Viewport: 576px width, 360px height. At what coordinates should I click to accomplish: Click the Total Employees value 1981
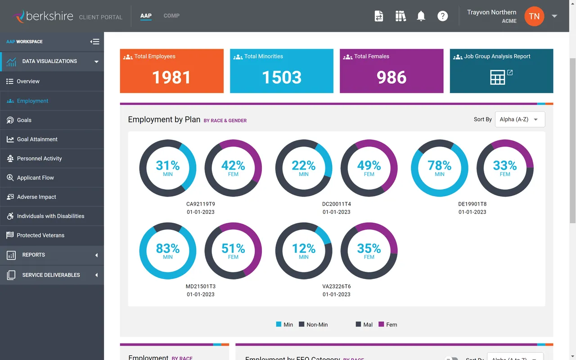[171, 77]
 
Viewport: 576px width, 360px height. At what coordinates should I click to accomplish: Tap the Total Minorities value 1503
[281, 77]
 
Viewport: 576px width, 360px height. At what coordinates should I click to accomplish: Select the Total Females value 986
[391, 77]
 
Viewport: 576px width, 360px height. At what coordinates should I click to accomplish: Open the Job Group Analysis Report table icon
[498, 77]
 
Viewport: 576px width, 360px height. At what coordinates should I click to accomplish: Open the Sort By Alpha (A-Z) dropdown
[520, 119]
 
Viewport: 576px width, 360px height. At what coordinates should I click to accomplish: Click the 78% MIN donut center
[440, 168]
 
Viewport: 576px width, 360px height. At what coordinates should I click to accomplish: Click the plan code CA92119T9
[201, 204]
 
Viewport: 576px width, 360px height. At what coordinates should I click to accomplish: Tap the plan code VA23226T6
[337, 286]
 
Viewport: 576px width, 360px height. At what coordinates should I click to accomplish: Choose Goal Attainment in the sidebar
[37, 139]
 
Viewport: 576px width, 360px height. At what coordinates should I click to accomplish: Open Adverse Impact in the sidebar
[36, 197]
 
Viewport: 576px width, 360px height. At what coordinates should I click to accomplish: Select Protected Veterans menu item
[40, 235]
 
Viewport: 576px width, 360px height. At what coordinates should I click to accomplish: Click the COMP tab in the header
[171, 16]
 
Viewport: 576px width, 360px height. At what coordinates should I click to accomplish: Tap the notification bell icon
[421, 16]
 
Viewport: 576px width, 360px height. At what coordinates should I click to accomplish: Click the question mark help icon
[443, 16]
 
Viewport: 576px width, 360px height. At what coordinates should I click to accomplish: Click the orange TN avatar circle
[534, 16]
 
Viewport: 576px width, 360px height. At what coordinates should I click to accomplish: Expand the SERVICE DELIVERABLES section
[51, 275]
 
